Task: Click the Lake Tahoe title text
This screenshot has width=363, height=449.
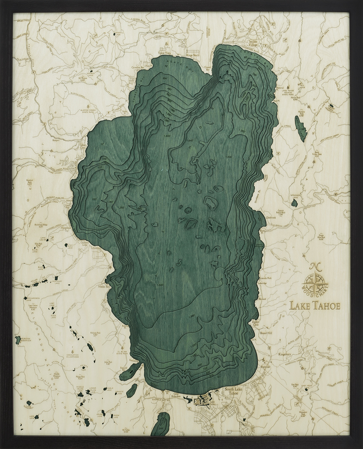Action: (x=315, y=306)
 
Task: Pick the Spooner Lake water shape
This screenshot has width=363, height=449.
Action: (x=294, y=203)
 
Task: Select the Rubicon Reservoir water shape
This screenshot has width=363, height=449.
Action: (x=18, y=339)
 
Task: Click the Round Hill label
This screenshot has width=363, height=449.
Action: (x=266, y=332)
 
